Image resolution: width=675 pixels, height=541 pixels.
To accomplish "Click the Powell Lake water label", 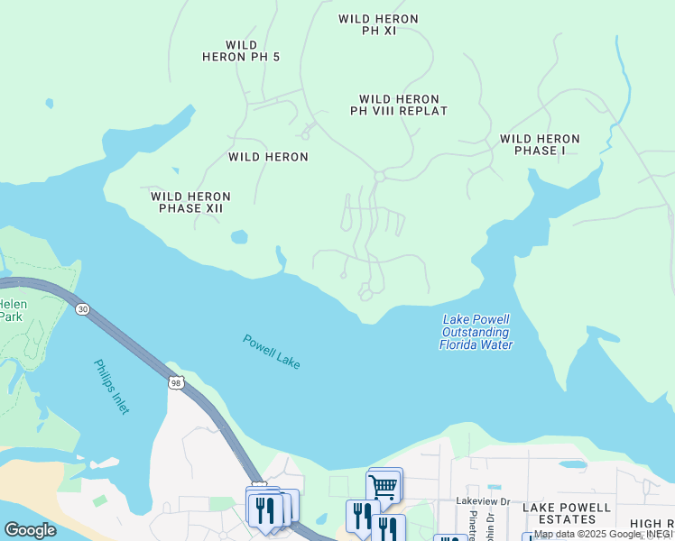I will pyautogui.click(x=271, y=352).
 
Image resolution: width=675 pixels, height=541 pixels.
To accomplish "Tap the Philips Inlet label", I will pyautogui.click(x=112, y=387).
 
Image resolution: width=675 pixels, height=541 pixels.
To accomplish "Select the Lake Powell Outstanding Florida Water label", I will pyautogui.click(x=476, y=332).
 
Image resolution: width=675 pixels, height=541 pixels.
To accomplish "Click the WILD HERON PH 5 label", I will pyautogui.click(x=241, y=50).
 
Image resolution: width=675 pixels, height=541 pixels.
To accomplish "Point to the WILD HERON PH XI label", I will pyautogui.click(x=378, y=24).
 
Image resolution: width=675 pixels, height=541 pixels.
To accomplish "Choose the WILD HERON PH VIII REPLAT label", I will pyautogui.click(x=399, y=105).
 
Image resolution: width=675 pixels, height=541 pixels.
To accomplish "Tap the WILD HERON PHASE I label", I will pyautogui.click(x=540, y=144).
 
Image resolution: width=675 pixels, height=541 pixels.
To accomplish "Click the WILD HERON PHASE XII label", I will pyautogui.click(x=190, y=202).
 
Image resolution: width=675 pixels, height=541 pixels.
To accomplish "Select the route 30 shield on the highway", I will pyautogui.click(x=83, y=309).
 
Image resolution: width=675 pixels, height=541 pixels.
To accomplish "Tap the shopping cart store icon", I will pyautogui.click(x=384, y=487).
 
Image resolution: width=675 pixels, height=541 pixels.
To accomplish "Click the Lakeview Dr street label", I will pyautogui.click(x=483, y=500).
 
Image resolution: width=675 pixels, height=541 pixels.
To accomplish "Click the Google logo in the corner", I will pyautogui.click(x=30, y=529).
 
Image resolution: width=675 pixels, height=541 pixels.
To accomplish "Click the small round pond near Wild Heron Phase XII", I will pyautogui.click(x=239, y=237).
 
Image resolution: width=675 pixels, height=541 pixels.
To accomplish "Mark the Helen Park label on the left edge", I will pyautogui.click(x=12, y=310).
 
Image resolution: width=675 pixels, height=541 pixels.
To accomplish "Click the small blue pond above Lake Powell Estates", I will pyautogui.click(x=572, y=465).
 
